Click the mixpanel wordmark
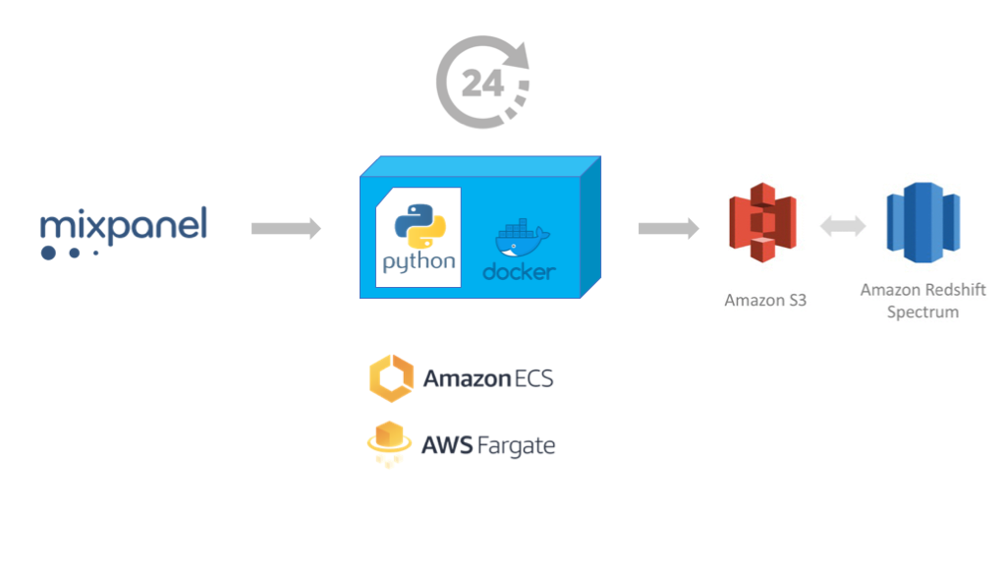pos(124,226)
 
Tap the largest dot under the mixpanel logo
pos(48,253)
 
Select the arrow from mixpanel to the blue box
pos(286,229)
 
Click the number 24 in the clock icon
pos(482,85)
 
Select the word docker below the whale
pos(519,271)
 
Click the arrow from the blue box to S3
pos(668,229)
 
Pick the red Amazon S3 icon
pos(762,222)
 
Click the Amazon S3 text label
pos(765,300)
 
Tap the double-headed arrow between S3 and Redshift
pos(843,227)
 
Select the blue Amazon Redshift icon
pos(922,222)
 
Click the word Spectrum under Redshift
pos(922,311)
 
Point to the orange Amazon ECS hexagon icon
pos(389,378)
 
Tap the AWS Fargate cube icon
pos(388,444)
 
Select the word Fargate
pos(516,446)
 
